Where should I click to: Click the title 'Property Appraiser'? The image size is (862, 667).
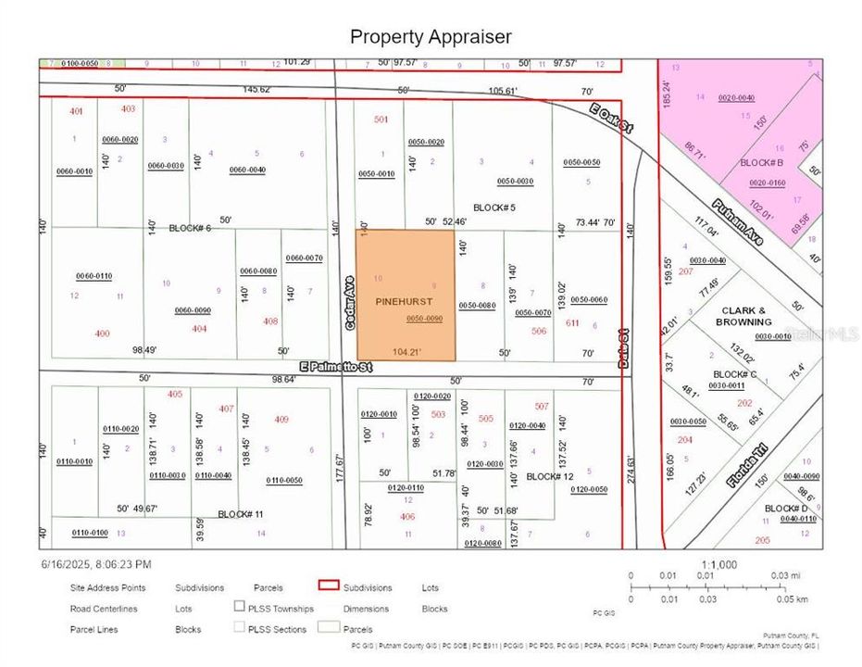pyautogui.click(x=431, y=37)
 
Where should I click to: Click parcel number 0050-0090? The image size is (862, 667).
pyautogui.click(x=425, y=319)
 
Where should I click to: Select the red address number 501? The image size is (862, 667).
pyautogui.click(x=381, y=120)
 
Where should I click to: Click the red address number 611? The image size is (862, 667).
pyautogui.click(x=572, y=322)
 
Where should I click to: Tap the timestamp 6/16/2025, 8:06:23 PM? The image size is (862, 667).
pyautogui.click(x=96, y=563)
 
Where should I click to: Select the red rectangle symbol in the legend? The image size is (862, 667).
pyautogui.click(x=327, y=586)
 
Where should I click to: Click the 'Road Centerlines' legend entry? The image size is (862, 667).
pyautogui.click(x=104, y=609)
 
